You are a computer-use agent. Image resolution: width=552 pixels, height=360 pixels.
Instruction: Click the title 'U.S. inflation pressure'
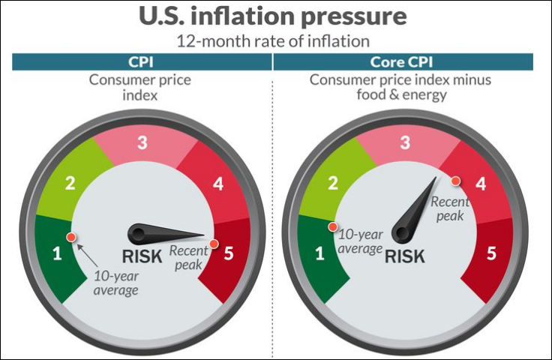(x=276, y=16)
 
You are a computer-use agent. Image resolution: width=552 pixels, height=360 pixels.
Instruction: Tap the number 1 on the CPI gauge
(x=56, y=253)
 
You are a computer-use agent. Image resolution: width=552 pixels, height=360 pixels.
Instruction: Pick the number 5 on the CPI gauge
(x=229, y=253)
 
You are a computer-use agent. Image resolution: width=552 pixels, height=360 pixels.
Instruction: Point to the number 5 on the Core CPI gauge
(x=491, y=253)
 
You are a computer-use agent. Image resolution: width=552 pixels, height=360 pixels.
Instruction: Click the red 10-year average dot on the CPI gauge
(x=70, y=237)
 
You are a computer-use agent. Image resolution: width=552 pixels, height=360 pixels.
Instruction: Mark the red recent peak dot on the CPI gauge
(x=214, y=243)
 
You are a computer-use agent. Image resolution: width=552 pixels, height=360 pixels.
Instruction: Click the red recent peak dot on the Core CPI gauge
(x=455, y=181)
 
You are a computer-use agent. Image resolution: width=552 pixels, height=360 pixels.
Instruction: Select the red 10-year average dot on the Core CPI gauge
(x=332, y=226)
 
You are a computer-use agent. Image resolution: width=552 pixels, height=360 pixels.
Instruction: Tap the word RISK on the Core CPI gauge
(x=405, y=256)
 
